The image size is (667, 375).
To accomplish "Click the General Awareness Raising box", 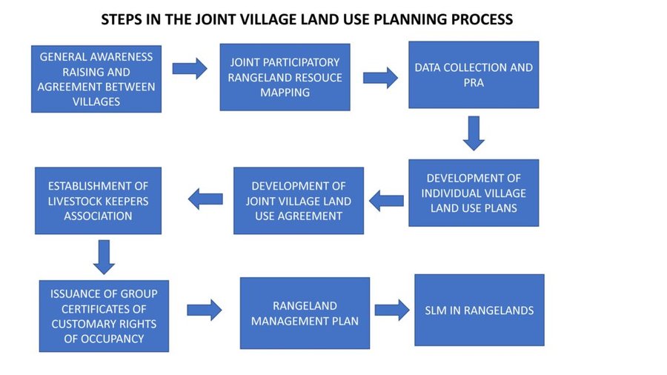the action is point(96,79).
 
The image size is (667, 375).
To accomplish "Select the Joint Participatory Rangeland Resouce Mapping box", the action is point(285,77).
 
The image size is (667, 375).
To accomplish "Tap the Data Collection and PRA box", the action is point(474,75).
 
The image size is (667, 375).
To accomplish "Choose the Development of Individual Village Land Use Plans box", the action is point(474,193).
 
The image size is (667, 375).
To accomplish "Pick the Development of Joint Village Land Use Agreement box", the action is point(299,201).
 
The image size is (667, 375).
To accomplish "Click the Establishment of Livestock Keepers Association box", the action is point(99,201).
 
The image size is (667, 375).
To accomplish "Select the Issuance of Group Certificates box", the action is point(104,316).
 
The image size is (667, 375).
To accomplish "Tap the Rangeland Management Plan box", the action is point(305,313).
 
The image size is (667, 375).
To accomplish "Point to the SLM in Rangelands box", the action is point(479,310).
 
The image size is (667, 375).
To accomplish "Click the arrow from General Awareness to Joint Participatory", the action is point(190,68).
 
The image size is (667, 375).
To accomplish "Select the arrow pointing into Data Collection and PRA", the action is point(380,78).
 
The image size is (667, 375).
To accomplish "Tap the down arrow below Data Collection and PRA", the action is point(474,133).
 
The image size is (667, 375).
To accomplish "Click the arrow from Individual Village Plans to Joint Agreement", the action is point(386,201).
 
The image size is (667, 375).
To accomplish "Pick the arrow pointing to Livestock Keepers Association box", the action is point(205,199).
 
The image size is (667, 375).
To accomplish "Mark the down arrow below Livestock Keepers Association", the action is point(104,257).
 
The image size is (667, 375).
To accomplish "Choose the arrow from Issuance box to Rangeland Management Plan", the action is point(205,310).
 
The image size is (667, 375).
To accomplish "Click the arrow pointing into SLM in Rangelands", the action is point(392,310).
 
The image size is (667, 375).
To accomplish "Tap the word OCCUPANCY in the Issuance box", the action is point(104,339).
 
